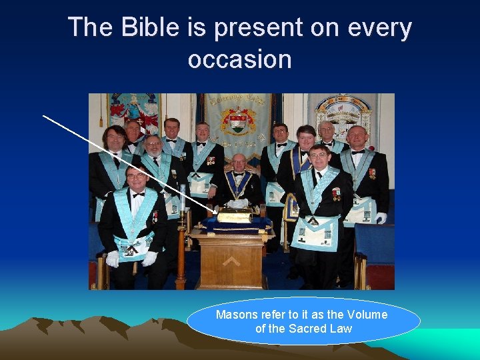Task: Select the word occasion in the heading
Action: coord(240,59)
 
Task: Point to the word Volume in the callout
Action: coord(365,315)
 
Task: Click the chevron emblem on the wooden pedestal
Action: coord(231,261)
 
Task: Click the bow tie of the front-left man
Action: coord(138,195)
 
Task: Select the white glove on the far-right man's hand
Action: coord(381,218)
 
